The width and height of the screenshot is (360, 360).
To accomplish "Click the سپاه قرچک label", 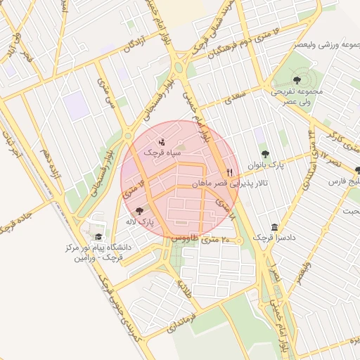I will point(162,152).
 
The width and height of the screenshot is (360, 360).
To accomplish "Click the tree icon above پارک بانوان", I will point(264,154).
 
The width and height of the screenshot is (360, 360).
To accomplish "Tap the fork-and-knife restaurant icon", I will point(229,172).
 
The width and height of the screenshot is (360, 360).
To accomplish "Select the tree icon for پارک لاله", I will point(138,210).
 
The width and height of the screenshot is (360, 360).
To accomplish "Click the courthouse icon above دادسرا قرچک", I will point(274,226).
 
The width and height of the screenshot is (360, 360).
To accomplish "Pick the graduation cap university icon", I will point(98,237).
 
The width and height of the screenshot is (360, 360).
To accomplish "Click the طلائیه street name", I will point(184,288).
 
